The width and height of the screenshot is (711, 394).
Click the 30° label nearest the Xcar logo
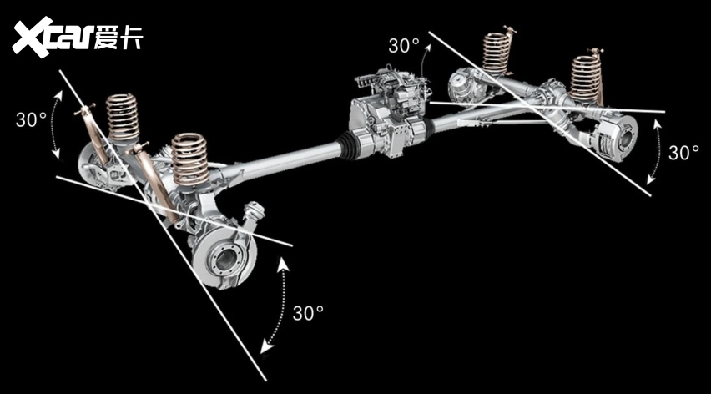point(31,119)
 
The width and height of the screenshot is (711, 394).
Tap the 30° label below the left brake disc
point(308,313)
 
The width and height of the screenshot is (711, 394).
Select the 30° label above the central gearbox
point(404,46)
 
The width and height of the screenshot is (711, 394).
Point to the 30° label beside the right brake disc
point(683,153)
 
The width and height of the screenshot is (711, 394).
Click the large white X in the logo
point(32,38)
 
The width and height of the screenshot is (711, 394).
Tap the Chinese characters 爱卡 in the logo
point(118,37)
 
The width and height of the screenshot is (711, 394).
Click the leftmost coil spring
point(123,116)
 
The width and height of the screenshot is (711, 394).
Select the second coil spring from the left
point(189,159)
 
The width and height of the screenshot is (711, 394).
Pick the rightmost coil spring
point(586,80)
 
